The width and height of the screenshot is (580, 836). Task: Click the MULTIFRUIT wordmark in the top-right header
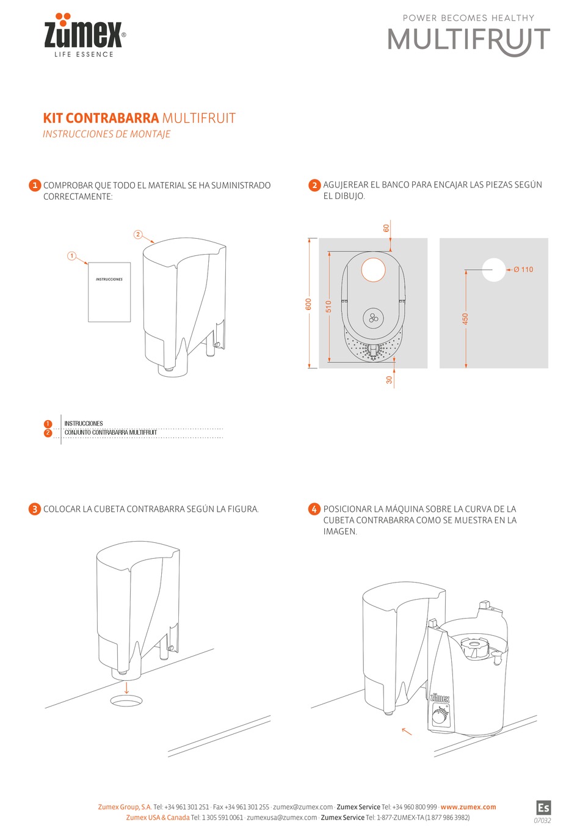468,40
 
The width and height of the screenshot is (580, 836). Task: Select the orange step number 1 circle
35,185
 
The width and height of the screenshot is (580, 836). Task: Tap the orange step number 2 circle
314,185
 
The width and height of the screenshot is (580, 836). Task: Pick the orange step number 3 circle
35,509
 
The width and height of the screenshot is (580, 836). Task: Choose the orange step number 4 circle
314,509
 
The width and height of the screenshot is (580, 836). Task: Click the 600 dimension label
309,304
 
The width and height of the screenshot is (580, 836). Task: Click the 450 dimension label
465,319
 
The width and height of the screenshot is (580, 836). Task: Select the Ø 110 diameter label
523,269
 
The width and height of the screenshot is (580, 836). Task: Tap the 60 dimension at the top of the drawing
386,228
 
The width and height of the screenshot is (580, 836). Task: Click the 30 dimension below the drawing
390,379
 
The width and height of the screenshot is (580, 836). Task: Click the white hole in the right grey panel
493,269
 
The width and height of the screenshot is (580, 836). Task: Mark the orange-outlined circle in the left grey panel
373,269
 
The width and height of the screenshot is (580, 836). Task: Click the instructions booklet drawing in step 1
109,292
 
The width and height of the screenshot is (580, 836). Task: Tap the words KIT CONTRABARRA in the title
101,118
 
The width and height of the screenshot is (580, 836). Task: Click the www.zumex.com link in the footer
468,807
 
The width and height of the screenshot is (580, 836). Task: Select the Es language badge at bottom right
543,807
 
